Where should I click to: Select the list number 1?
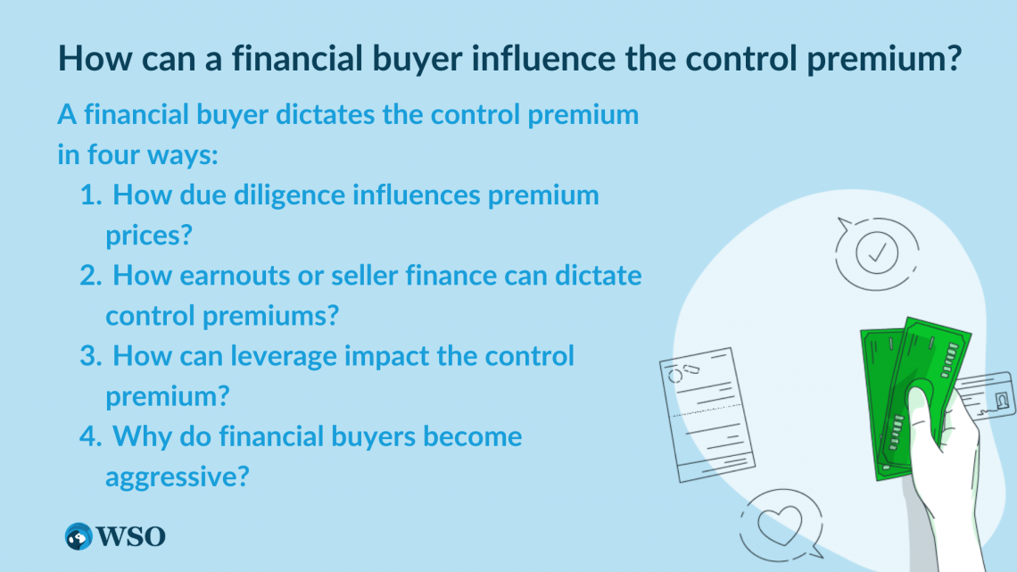(x=91, y=195)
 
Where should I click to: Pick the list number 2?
(x=91, y=276)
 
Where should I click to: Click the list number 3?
(x=91, y=356)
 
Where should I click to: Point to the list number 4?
(x=91, y=436)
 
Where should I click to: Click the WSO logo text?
(x=130, y=536)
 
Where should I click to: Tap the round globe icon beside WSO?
(x=79, y=536)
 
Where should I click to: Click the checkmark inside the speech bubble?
(x=878, y=253)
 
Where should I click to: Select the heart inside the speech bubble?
(x=780, y=524)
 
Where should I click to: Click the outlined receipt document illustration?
(x=707, y=415)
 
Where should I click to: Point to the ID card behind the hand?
(x=985, y=394)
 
